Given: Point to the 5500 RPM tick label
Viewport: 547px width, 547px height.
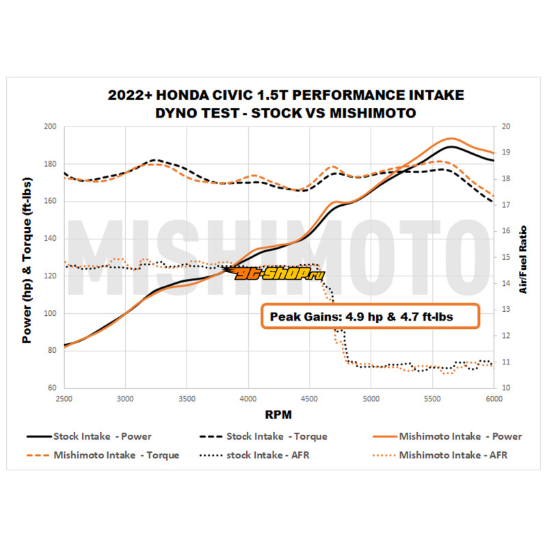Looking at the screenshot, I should point(432,397).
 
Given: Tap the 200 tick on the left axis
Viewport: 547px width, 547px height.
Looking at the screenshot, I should point(49,126).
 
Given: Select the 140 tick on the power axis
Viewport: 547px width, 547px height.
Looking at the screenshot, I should point(49,239).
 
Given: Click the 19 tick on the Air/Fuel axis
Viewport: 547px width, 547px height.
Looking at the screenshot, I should point(506,152).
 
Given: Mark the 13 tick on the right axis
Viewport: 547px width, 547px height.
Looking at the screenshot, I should point(506,310).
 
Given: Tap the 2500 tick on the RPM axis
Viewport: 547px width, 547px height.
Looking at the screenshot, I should point(64,397).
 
